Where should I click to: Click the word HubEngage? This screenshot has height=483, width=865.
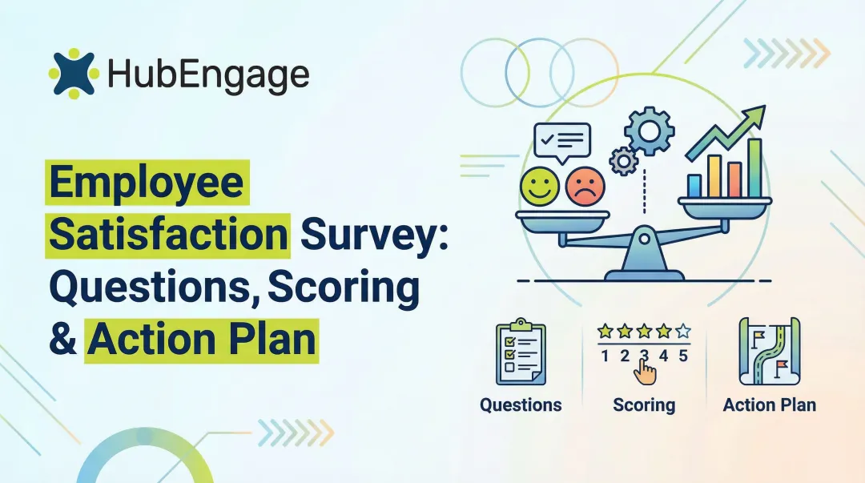click(x=207, y=76)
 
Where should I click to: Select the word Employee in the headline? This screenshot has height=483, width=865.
click(x=146, y=183)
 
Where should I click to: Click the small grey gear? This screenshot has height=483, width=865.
click(x=622, y=161)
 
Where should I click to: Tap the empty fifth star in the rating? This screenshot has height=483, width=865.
click(x=682, y=330)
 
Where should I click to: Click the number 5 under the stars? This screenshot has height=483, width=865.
click(x=682, y=356)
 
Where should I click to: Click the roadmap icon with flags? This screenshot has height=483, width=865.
click(x=769, y=353)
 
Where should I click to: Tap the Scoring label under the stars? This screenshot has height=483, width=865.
click(x=644, y=405)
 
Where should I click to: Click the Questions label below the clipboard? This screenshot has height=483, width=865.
click(x=521, y=405)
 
